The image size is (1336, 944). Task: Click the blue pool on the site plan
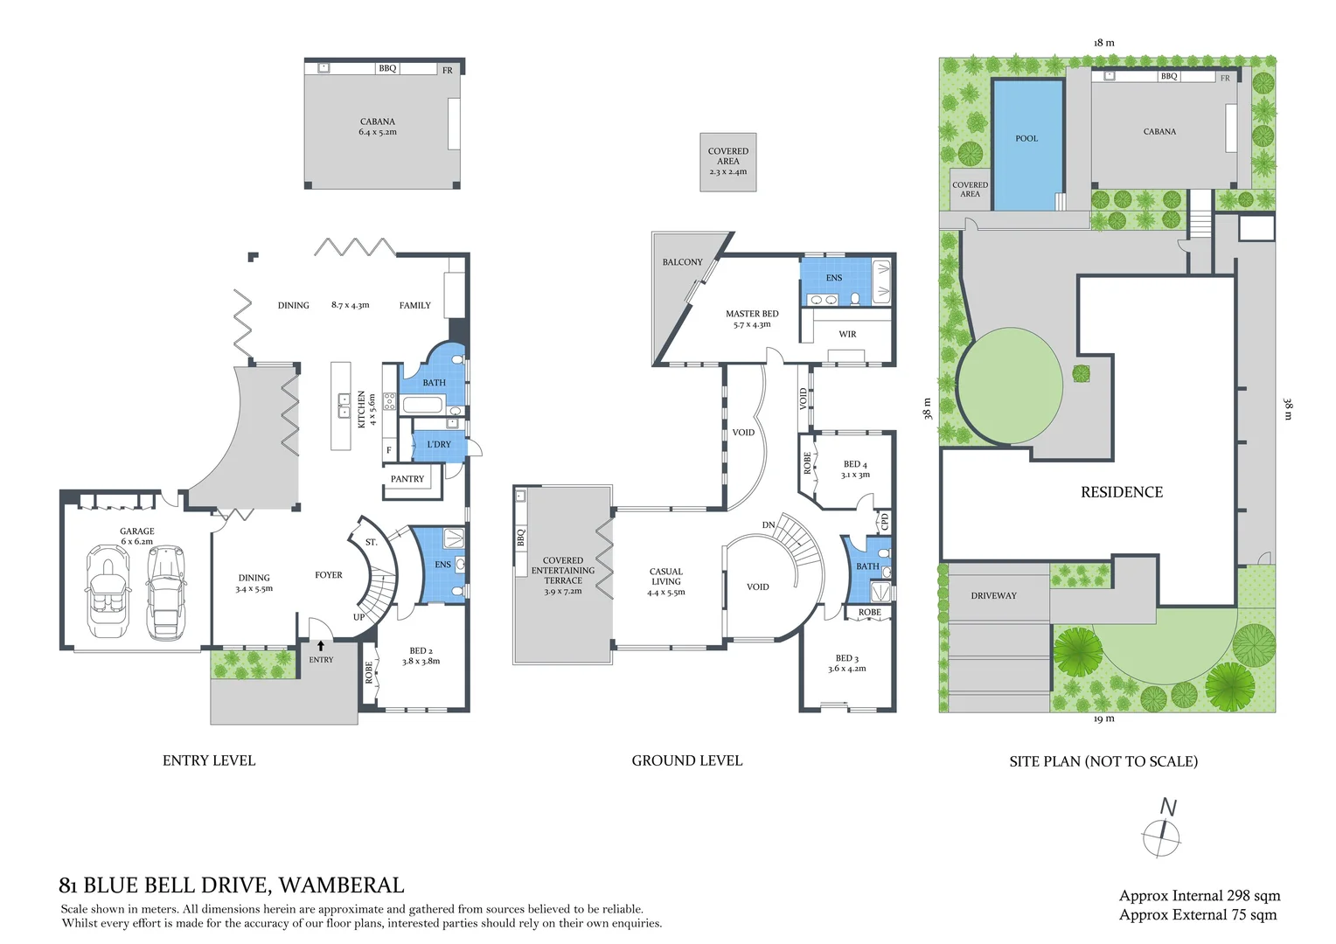1027,145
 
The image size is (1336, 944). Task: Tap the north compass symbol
1161,829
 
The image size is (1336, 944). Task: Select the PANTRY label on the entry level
407,479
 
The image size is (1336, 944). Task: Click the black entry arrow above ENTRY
321,646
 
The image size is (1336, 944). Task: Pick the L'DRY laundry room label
439,444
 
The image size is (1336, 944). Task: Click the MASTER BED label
752,314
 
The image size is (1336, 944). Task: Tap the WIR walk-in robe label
847,334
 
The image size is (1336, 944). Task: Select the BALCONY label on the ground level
682,262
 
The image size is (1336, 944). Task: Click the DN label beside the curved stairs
769,524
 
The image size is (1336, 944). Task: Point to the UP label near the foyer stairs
358,617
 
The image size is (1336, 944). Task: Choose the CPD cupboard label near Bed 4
885,522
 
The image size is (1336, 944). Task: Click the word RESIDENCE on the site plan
1122,492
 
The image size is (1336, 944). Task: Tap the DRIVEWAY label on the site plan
993,596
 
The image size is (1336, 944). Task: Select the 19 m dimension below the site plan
1104,718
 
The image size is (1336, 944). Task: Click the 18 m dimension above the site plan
1104,43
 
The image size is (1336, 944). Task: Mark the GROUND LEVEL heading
687,761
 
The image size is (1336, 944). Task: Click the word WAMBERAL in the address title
342,885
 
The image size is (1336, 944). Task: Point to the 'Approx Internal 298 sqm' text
1200,896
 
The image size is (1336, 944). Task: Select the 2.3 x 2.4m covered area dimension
728,171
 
